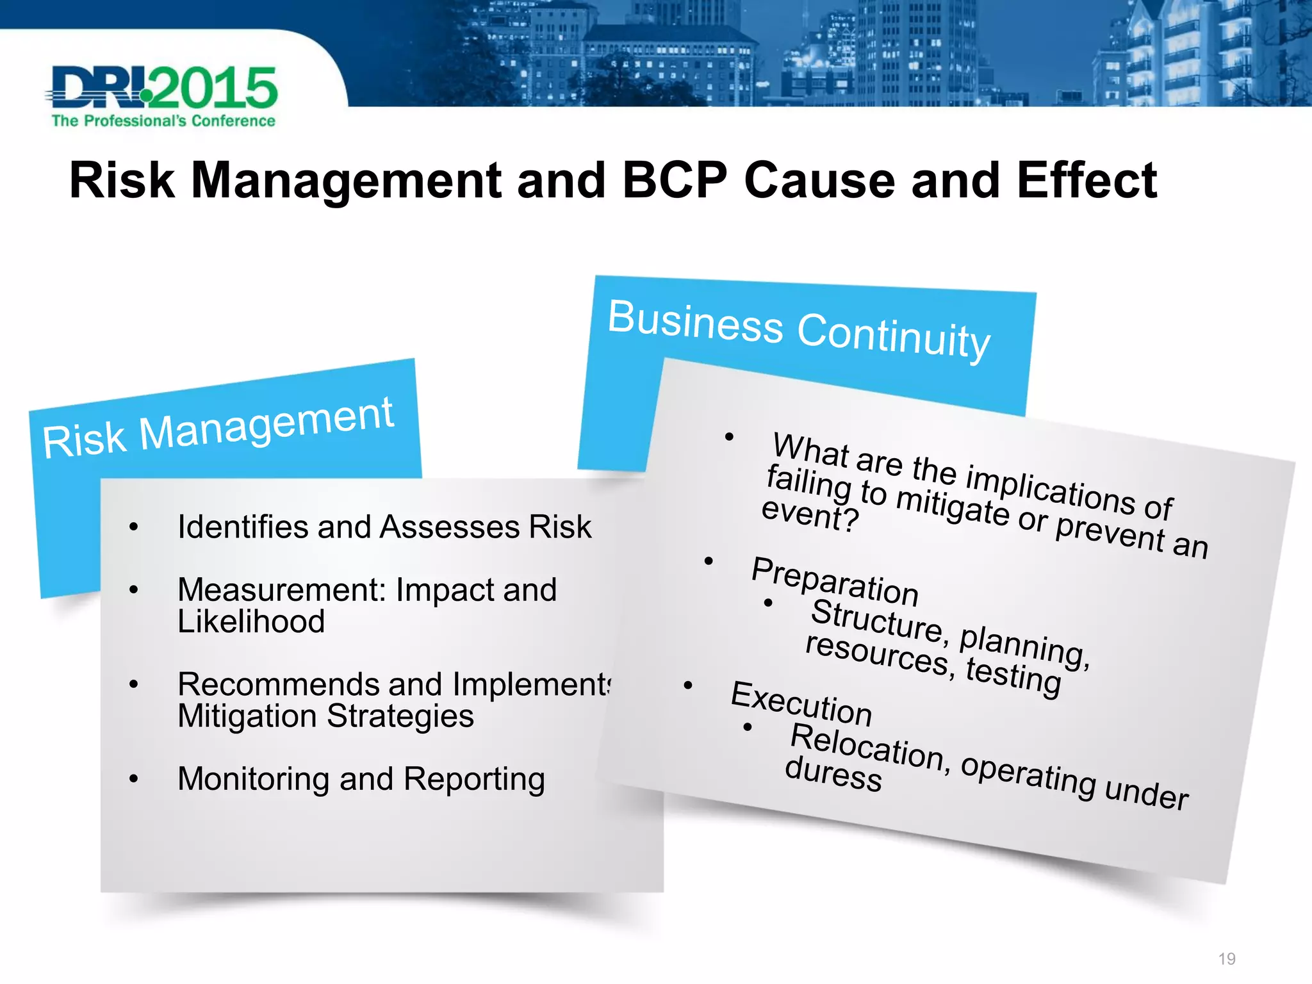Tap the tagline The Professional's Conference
(x=163, y=121)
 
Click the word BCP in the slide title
(x=675, y=181)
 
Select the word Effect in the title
(x=1086, y=181)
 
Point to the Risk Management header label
(x=218, y=427)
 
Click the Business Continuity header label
(x=799, y=331)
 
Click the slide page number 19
(x=1227, y=959)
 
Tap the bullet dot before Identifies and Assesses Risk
(x=133, y=527)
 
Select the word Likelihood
(x=251, y=621)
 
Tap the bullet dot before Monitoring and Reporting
(x=133, y=779)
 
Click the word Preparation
(x=835, y=582)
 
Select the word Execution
(x=801, y=703)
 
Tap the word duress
(x=833, y=775)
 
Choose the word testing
(x=1013, y=676)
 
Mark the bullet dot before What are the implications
(x=729, y=438)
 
